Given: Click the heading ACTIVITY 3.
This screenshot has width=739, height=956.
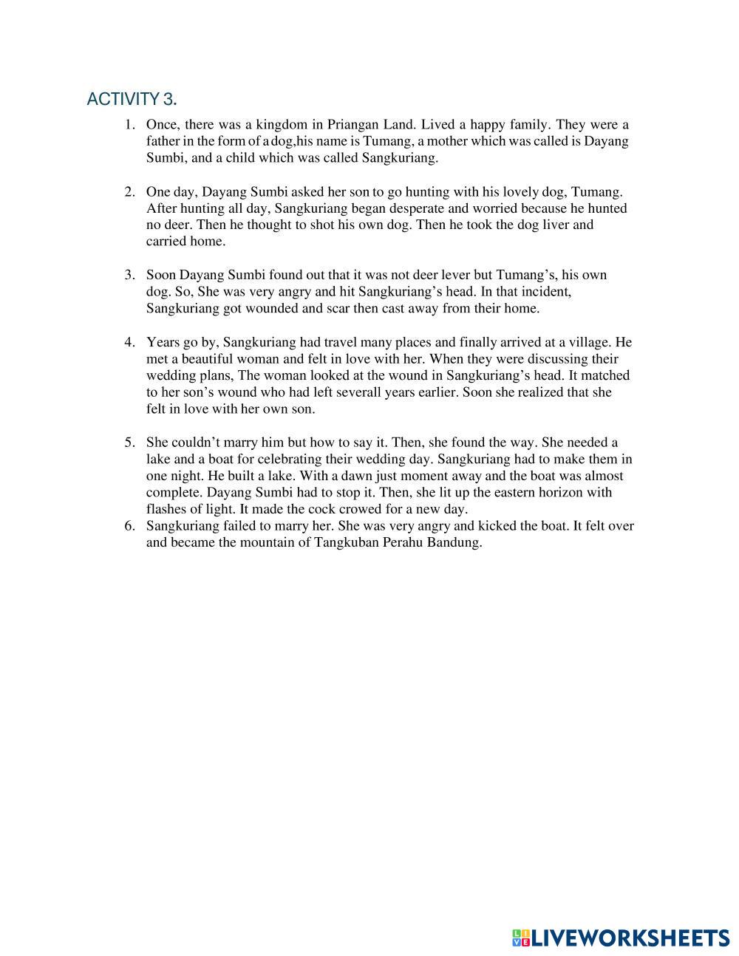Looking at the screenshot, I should coord(132,99).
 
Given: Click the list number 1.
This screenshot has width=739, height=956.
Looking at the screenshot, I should coord(129,125).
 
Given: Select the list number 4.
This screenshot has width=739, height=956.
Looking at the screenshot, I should coord(129,342).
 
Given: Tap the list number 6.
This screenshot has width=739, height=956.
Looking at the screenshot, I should coord(129,526).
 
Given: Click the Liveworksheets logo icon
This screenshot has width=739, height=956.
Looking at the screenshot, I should coord(521,938).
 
